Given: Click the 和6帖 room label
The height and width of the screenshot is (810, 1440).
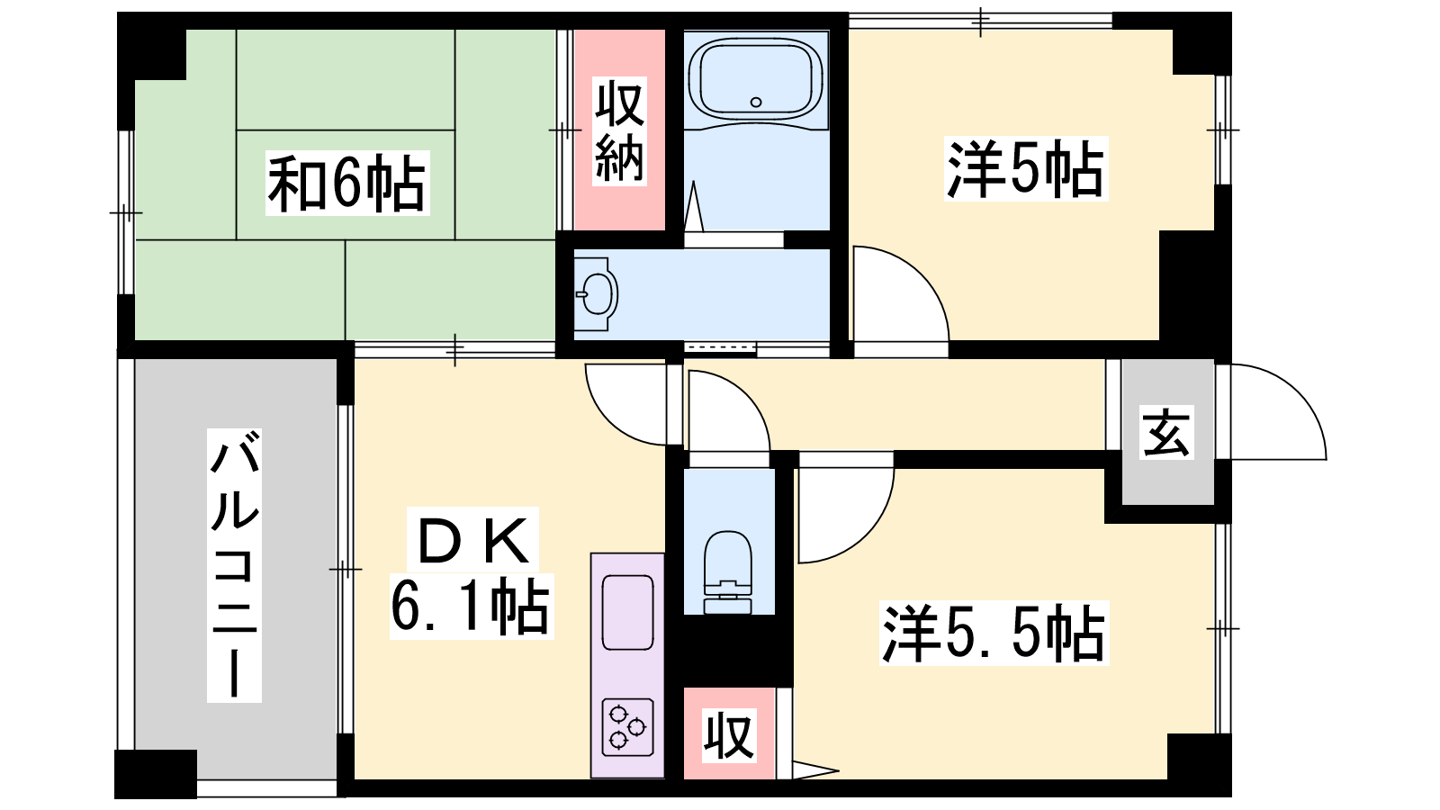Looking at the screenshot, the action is click(x=347, y=183).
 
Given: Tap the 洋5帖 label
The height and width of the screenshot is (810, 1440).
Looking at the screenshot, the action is click(x=1026, y=168).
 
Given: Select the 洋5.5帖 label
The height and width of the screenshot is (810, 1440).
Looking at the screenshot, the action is click(x=994, y=633).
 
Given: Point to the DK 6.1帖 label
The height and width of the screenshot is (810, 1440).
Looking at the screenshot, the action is click(x=472, y=572).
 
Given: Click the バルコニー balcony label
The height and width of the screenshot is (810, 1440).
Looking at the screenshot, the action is click(x=234, y=565).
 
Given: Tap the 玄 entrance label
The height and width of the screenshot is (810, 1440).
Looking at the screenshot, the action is click(x=1166, y=432).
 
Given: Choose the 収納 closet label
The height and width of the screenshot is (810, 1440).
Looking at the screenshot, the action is click(x=620, y=130).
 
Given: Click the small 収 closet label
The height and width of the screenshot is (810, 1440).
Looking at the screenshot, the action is click(x=728, y=734).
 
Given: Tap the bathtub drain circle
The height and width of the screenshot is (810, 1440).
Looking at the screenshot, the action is click(x=756, y=103).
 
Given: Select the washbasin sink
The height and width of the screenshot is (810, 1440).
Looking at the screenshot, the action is click(x=596, y=294).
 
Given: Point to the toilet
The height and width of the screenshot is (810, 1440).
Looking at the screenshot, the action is click(x=728, y=572).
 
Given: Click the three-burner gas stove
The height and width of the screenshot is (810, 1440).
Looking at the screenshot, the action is click(x=628, y=726).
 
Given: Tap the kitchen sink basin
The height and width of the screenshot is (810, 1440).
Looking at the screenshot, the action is click(x=628, y=612).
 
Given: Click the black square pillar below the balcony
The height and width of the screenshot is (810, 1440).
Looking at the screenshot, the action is click(x=156, y=773).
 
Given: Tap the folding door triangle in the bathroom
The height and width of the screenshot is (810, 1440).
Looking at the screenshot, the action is click(x=694, y=206).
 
